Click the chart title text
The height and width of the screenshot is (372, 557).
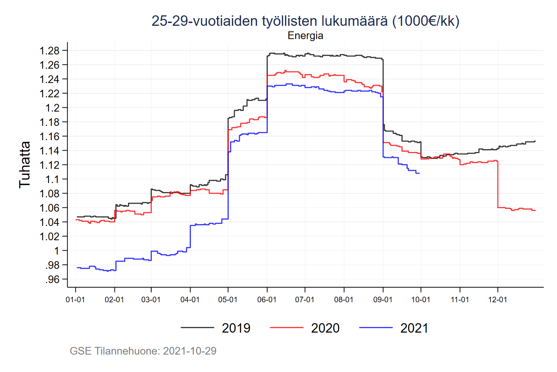[x=305, y=21]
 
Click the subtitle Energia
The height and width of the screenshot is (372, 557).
[x=305, y=36]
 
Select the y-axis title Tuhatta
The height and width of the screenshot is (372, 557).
[x=25, y=165]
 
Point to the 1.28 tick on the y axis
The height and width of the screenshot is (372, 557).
[x=49, y=51]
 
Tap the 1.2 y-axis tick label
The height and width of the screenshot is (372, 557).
[x=53, y=108]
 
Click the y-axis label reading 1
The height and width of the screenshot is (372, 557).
[x=57, y=251]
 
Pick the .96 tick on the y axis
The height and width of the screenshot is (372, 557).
[x=52, y=279]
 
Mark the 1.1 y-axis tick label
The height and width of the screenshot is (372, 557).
[x=53, y=179]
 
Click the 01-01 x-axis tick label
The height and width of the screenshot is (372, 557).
[x=75, y=300]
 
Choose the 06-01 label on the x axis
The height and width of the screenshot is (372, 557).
[x=267, y=300]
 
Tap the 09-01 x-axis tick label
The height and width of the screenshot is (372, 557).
[x=383, y=300]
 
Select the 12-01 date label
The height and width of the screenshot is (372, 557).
[x=497, y=300]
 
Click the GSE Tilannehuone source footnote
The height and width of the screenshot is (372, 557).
[x=143, y=351]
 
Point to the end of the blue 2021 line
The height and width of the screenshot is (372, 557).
[x=419, y=173]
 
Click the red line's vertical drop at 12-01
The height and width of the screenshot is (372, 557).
[x=498, y=185]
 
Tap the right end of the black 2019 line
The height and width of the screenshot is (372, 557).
[x=535, y=141]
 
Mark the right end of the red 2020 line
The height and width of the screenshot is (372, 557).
[x=535, y=210]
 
